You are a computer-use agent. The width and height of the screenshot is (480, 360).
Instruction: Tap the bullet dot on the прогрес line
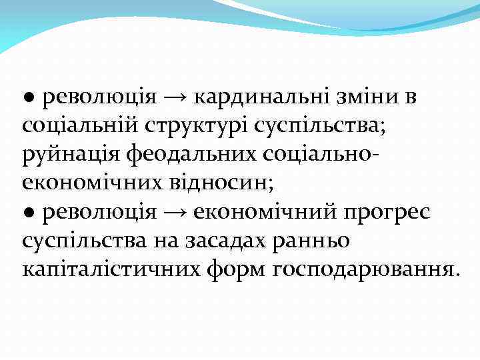(29, 214)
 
